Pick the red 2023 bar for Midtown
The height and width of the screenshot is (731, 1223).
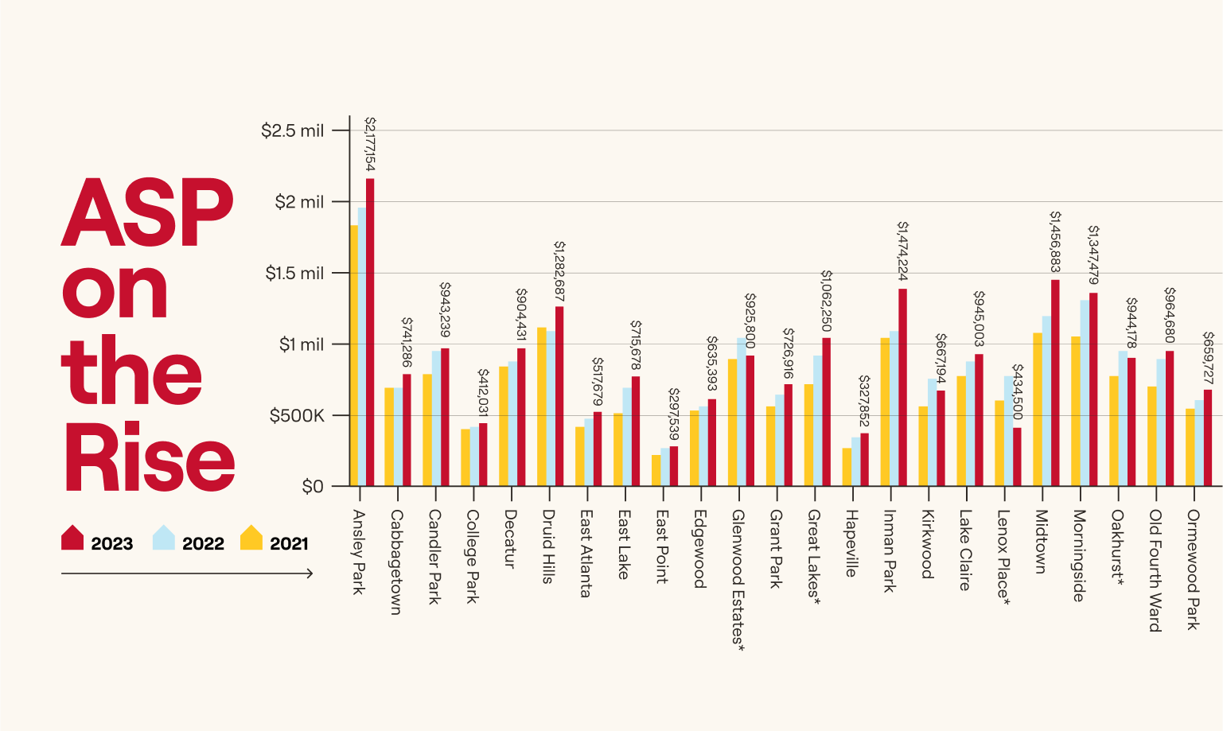(x=1055, y=382)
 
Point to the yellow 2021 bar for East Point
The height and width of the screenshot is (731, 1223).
(x=656, y=470)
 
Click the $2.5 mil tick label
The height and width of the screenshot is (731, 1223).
(x=292, y=130)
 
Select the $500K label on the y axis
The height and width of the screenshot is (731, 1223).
(x=297, y=415)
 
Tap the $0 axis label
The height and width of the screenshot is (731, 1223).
(x=313, y=486)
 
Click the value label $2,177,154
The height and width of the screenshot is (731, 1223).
(x=370, y=144)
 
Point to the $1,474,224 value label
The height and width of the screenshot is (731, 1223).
(x=902, y=251)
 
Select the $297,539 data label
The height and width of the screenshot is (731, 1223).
(x=674, y=414)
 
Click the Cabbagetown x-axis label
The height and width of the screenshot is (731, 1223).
(x=395, y=562)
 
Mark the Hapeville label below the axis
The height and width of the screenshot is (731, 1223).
(x=851, y=543)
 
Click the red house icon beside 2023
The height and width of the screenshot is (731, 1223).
(x=72, y=538)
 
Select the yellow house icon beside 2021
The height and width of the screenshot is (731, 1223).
(x=251, y=538)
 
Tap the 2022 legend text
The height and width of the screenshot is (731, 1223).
(x=203, y=543)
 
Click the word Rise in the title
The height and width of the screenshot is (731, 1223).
(x=150, y=457)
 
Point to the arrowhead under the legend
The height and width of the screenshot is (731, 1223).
(x=310, y=573)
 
